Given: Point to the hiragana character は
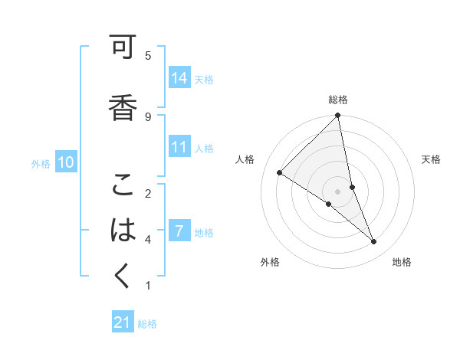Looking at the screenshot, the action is [123, 229].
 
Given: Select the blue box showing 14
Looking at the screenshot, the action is [179, 78].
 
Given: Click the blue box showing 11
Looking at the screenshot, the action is [179, 148].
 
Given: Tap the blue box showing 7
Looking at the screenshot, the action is [179, 232].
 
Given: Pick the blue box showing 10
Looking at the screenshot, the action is [66, 162].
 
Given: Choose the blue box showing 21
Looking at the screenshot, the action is [123, 323].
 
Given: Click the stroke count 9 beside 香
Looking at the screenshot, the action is [148, 116].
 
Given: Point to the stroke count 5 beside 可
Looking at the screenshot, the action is [148, 55].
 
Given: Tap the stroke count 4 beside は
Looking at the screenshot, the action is [148, 240].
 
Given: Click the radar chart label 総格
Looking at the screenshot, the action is [338, 100].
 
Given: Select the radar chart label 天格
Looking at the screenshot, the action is [431, 159].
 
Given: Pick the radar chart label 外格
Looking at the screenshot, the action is [269, 262].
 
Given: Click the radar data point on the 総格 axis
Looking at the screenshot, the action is [338, 116].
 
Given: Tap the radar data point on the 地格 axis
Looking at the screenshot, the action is [374, 242].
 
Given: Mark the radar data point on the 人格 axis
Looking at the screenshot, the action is [280, 172].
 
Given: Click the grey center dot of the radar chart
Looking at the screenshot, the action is [338, 191].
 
